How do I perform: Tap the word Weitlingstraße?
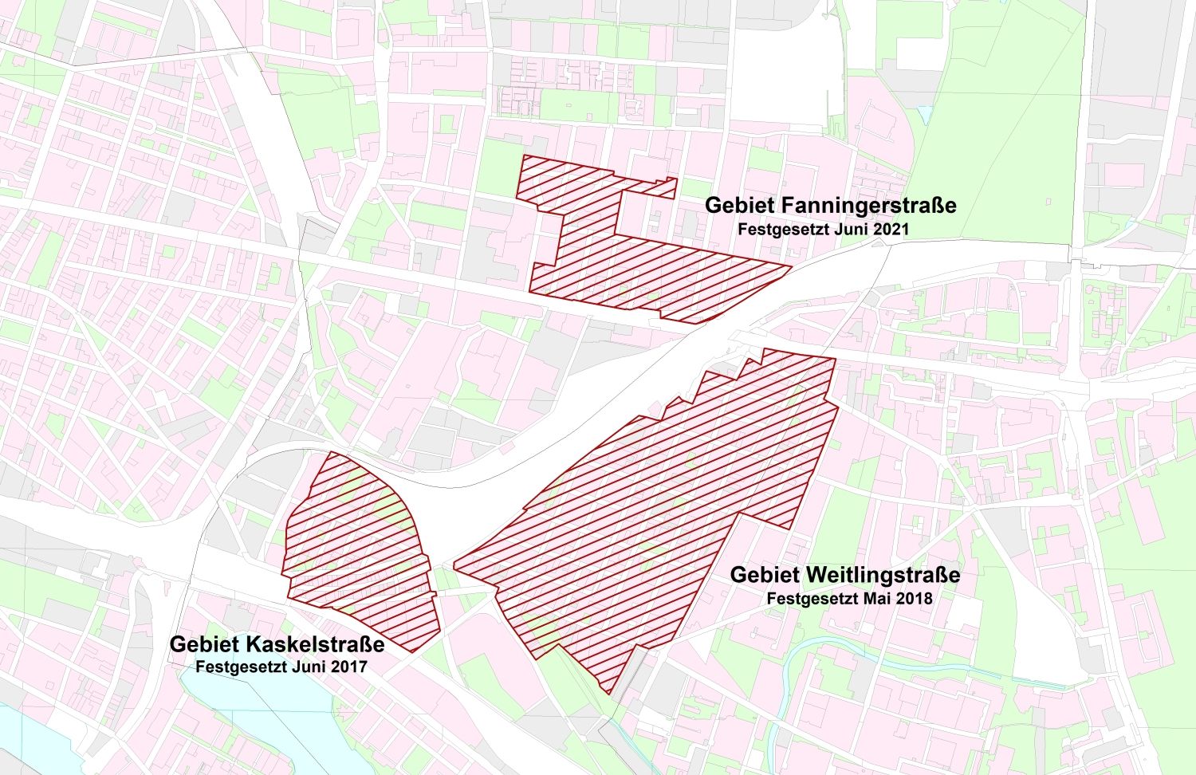pyautogui.click(x=883, y=575)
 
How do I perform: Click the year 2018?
pyautogui.click(x=914, y=598)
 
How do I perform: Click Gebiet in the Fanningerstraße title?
pyautogui.click(x=740, y=206)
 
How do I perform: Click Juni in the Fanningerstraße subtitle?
pyautogui.click(x=853, y=229)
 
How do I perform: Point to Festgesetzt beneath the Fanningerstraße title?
pyautogui.click(x=784, y=229)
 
